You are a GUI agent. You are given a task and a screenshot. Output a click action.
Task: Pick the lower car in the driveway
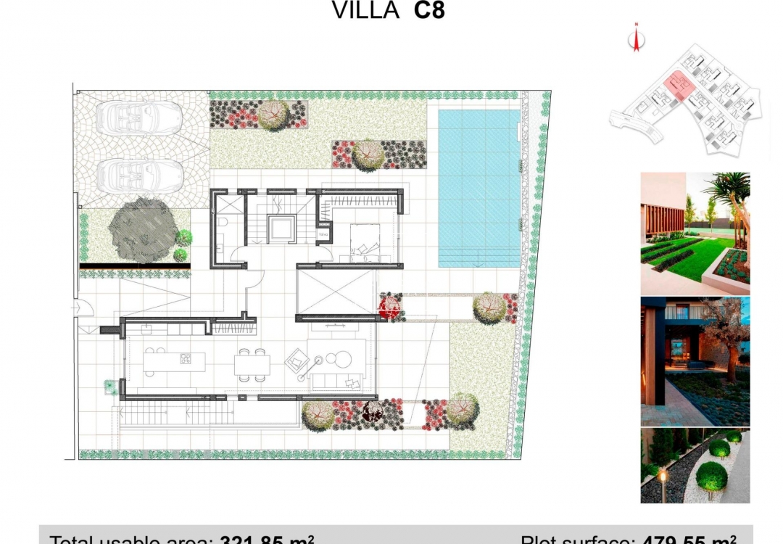click(x=142, y=174)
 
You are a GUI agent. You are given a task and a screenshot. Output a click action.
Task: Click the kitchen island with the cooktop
click(x=174, y=360)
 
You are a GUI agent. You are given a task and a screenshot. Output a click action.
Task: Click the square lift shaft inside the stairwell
click(x=279, y=229)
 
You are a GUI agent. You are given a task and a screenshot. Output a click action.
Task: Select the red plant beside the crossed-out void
click(x=391, y=306)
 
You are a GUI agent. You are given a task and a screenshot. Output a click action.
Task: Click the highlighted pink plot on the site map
click(x=680, y=86)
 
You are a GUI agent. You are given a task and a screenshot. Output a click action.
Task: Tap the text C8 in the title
click(x=429, y=11)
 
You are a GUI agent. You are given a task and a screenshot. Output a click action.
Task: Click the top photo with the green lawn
click(x=695, y=232)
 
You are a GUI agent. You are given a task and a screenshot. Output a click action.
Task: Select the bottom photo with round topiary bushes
click(x=695, y=465)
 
